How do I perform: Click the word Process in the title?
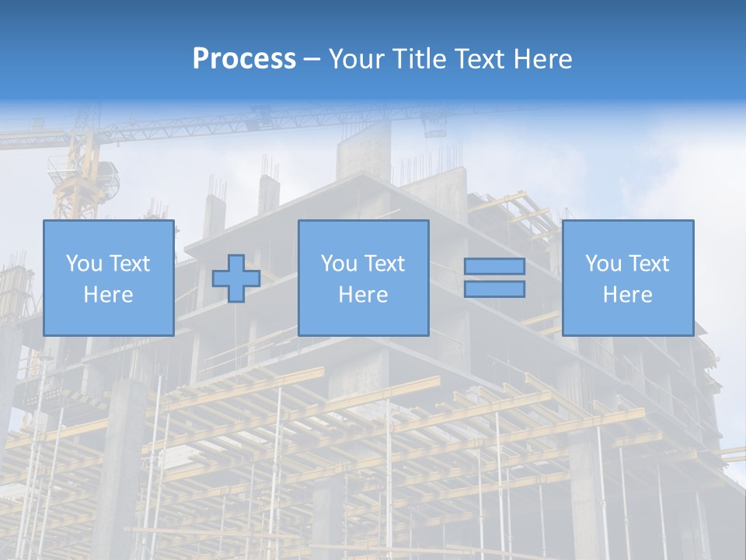[244, 59]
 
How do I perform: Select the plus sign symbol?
[236, 278]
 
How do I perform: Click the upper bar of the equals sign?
[494, 267]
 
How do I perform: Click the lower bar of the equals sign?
[494, 289]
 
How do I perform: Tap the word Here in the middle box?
[363, 295]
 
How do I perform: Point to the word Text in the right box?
[650, 264]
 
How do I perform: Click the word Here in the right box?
[627, 295]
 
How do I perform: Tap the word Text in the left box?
[130, 264]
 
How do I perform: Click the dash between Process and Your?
[312, 59]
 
